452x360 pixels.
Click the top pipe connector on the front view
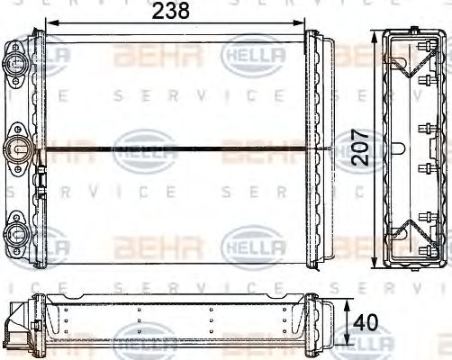pyautogui.click(x=17, y=64)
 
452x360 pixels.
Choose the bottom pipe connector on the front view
pyautogui.click(x=17, y=236)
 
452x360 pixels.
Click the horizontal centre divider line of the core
pyautogui.click(x=180, y=148)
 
